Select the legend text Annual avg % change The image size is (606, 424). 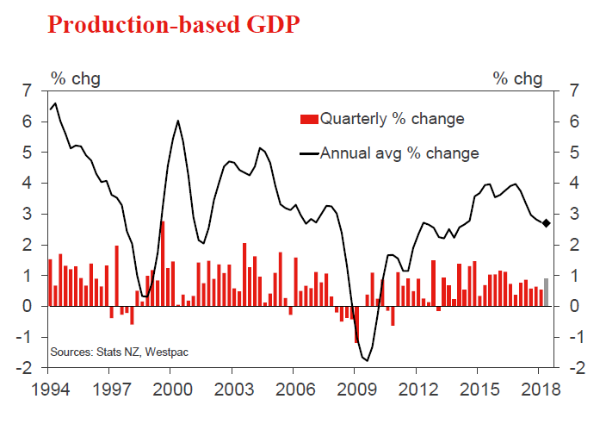(399, 153)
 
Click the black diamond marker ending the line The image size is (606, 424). (547, 223)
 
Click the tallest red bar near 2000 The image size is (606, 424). (163, 264)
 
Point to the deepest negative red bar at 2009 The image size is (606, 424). (356, 324)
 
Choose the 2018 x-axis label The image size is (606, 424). (539, 389)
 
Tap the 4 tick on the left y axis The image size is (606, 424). (28, 184)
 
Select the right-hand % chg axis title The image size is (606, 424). (518, 79)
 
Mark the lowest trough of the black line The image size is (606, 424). (367, 360)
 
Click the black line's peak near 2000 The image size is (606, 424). (177, 121)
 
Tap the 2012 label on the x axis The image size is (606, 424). (417, 389)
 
